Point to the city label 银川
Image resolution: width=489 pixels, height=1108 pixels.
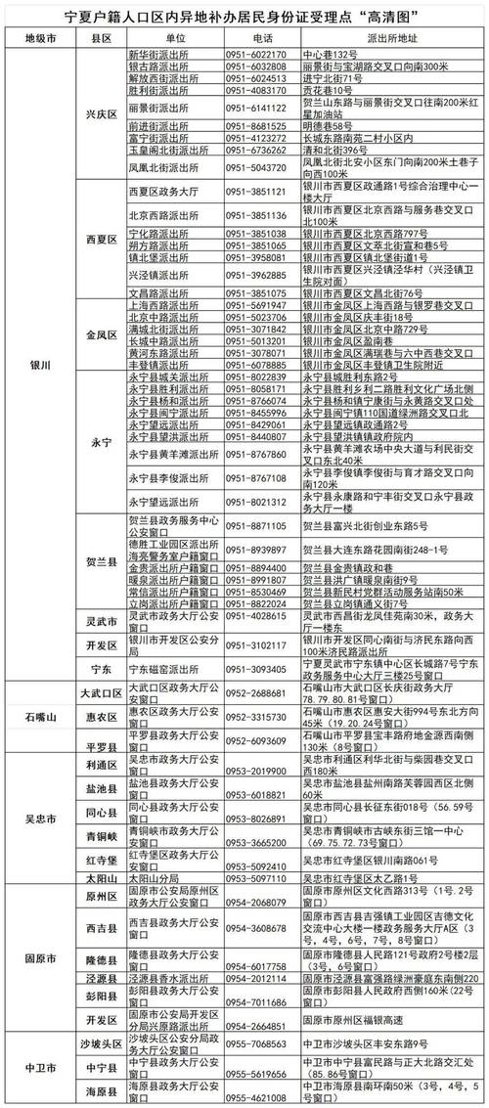click(x=42, y=363)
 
